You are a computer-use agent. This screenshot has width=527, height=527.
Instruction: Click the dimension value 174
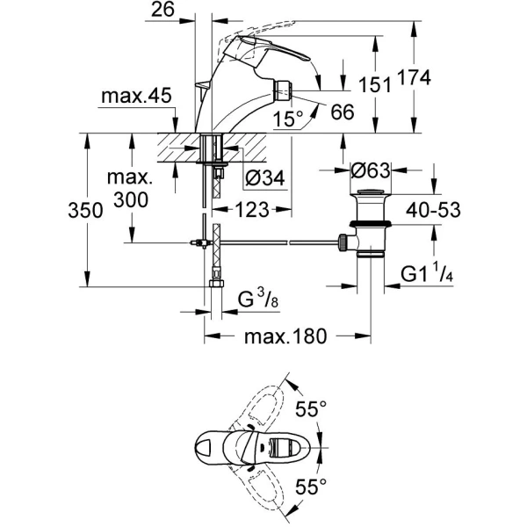415,79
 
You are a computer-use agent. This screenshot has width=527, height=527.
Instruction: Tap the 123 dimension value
251,211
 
